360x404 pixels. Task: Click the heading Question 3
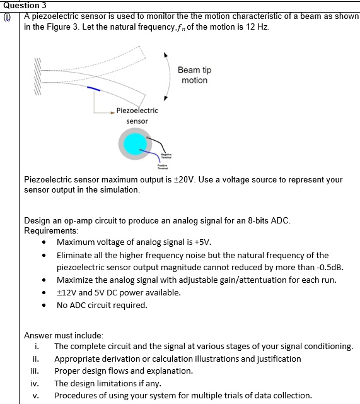point(23,5)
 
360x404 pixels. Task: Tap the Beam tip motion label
point(194,75)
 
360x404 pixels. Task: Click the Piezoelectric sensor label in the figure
point(137,116)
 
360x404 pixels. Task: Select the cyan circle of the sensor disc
point(134,145)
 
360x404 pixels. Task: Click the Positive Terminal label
point(163,167)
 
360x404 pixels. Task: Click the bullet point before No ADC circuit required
point(43,306)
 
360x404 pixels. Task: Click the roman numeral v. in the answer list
point(38,396)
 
